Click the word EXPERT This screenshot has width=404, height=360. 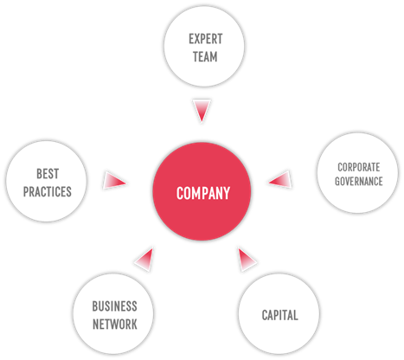[206, 39]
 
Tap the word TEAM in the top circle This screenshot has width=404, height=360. [205, 56]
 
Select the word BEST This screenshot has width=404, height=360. [48, 174]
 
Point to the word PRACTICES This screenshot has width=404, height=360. [48, 191]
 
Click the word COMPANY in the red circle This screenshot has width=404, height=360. [203, 193]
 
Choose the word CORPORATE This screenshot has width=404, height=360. [359, 167]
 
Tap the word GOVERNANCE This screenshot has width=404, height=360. [359, 181]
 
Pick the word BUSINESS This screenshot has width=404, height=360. [114, 306]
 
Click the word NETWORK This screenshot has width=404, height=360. [115, 325]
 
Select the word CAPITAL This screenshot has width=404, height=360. [279, 315]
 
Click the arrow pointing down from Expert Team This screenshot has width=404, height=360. [202, 111]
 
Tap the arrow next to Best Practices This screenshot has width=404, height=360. [114, 181]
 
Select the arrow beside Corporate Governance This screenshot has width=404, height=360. [280, 179]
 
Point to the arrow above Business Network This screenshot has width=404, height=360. [144, 260]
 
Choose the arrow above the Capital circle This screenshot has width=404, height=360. [247, 259]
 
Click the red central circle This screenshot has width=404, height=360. [202, 191]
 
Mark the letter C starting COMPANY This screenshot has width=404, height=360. [180, 193]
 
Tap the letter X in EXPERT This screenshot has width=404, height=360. [197, 39]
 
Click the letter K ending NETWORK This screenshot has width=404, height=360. [134, 325]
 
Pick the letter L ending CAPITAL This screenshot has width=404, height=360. [296, 315]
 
